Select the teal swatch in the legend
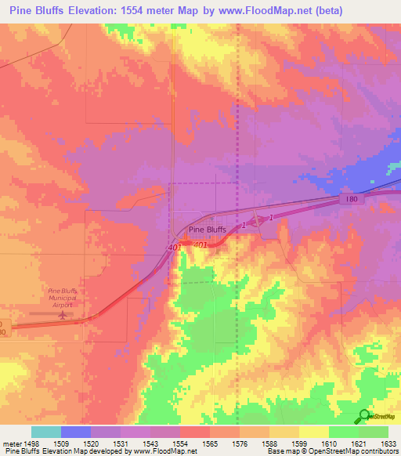45,432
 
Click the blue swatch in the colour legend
75,432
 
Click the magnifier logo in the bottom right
364,417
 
